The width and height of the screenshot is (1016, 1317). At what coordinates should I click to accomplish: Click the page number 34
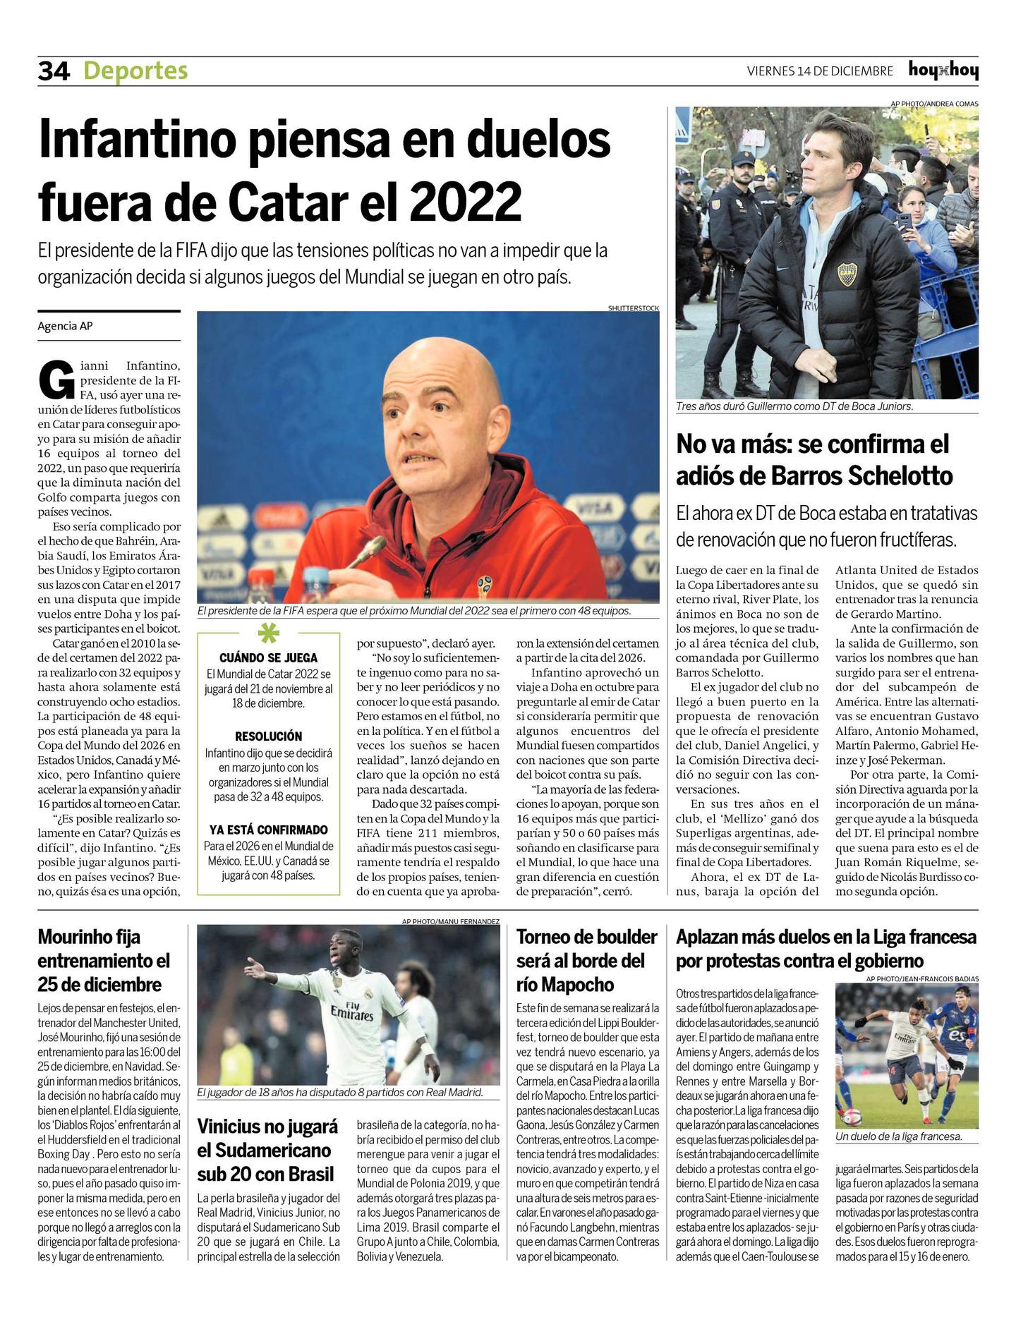54,71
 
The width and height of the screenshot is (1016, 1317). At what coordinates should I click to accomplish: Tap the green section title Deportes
135,71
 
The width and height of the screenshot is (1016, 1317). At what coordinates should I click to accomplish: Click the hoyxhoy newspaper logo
943,71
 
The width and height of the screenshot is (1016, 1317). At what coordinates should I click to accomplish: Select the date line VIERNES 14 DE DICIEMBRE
820,71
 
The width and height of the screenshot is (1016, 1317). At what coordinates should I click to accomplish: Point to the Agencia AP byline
65,326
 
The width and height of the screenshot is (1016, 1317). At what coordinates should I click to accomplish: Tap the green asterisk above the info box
268,634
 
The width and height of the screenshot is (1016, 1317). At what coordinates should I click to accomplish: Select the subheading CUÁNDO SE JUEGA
268,657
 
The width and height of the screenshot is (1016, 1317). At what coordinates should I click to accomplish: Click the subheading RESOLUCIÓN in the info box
268,736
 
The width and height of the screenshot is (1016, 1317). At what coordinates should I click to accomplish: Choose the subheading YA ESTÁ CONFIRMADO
268,830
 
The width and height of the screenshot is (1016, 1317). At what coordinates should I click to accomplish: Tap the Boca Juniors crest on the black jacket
847,274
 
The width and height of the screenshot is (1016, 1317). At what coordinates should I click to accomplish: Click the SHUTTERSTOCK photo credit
633,308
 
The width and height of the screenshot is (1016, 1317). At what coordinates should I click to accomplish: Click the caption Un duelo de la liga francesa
898,1136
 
